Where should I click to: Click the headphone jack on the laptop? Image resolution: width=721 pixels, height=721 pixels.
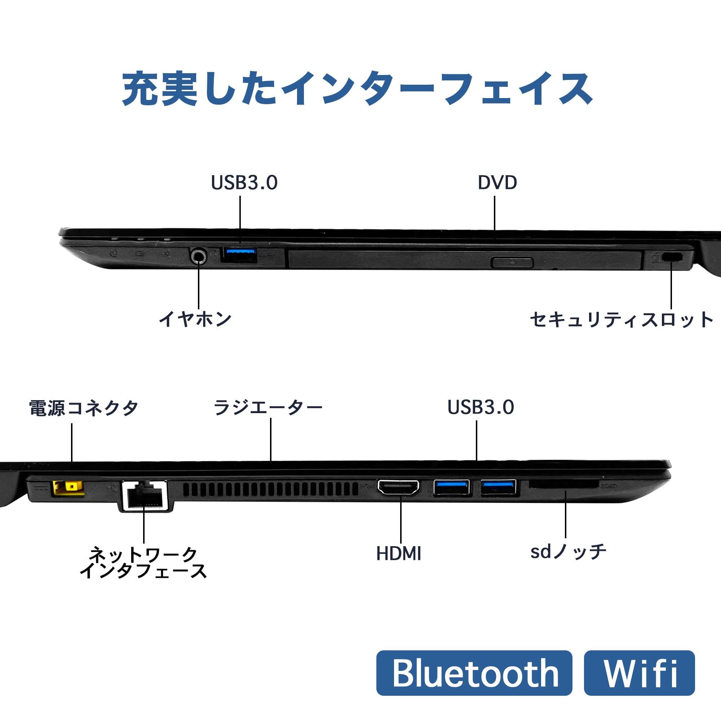pyautogui.click(x=199, y=256)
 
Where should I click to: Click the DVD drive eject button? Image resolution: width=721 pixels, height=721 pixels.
pyautogui.click(x=512, y=262)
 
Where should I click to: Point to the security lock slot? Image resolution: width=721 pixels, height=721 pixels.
pyautogui.click(x=671, y=257)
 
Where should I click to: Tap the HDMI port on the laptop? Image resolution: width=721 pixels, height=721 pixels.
pyautogui.click(x=398, y=487)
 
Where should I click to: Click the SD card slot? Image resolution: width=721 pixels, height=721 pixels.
pyautogui.click(x=563, y=485)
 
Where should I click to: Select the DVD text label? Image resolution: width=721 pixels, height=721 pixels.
pyautogui.click(x=497, y=182)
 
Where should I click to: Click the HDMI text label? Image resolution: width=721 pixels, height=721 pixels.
pyautogui.click(x=399, y=553)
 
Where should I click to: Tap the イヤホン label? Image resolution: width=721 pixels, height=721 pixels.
pyautogui.click(x=195, y=319)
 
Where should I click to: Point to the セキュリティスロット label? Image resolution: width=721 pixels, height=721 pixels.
pyautogui.click(x=622, y=320)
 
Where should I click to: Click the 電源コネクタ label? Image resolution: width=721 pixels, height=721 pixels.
pyautogui.click(x=84, y=408)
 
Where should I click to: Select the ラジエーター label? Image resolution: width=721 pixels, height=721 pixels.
pyautogui.click(x=267, y=407)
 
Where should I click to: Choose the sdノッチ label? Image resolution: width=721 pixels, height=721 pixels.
pyautogui.click(x=568, y=552)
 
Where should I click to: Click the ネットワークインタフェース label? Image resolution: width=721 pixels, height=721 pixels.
pyautogui.click(x=143, y=562)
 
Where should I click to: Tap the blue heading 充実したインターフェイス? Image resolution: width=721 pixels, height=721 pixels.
pyautogui.click(x=357, y=89)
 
